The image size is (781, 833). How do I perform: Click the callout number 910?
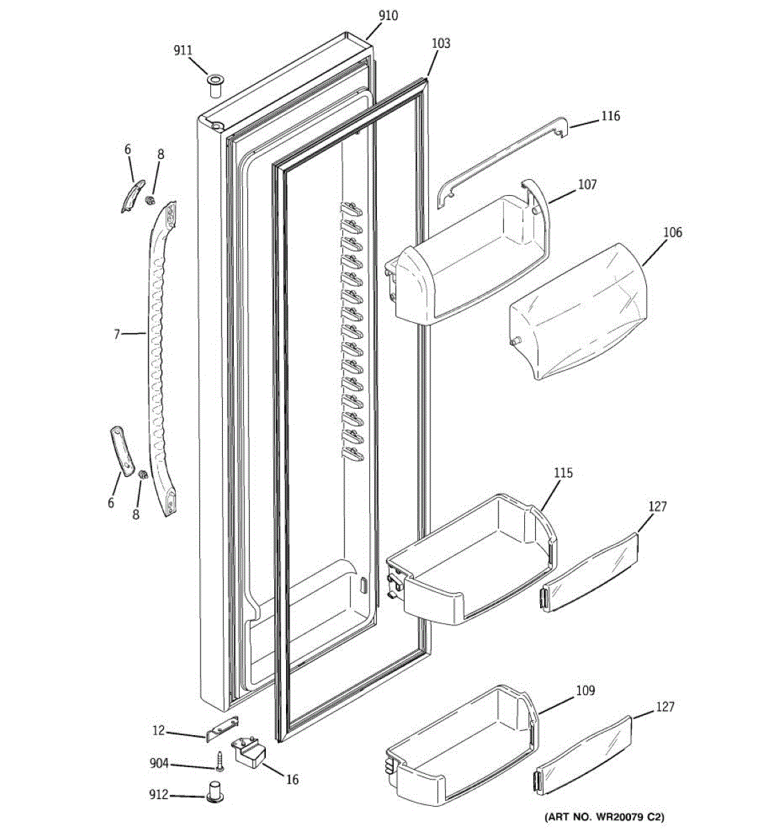click(x=388, y=15)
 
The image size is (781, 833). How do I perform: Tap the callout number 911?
click(x=183, y=50)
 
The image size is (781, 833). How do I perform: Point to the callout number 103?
click(x=441, y=43)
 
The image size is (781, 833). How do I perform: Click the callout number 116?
click(x=610, y=116)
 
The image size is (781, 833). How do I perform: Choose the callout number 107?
click(x=587, y=185)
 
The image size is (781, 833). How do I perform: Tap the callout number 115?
click(x=563, y=473)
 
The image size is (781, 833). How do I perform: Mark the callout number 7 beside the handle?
click(x=117, y=334)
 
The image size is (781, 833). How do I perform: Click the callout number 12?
click(x=159, y=730)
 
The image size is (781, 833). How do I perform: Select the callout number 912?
click(x=159, y=795)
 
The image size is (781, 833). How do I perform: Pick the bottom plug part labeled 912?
click(x=214, y=791)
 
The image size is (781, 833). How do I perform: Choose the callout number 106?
click(x=672, y=232)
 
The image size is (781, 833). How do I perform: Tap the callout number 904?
click(x=159, y=764)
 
